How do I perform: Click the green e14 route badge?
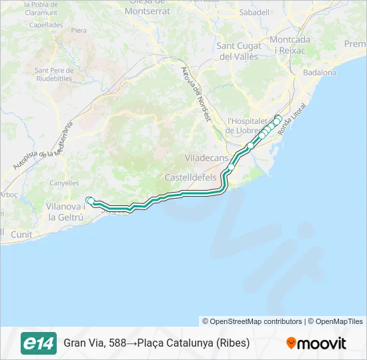click(39, 343)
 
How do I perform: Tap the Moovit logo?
click(316, 343)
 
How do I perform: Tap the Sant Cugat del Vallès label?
click(239, 51)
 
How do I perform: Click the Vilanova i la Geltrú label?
click(65, 212)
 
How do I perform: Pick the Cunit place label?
click(21, 234)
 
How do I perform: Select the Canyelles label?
click(63, 183)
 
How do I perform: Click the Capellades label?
click(47, 25)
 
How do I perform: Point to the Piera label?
click(79, 31)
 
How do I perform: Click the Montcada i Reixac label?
click(291, 45)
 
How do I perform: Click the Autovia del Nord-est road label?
click(196, 93)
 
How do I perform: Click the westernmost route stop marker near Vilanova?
click(89, 199)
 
